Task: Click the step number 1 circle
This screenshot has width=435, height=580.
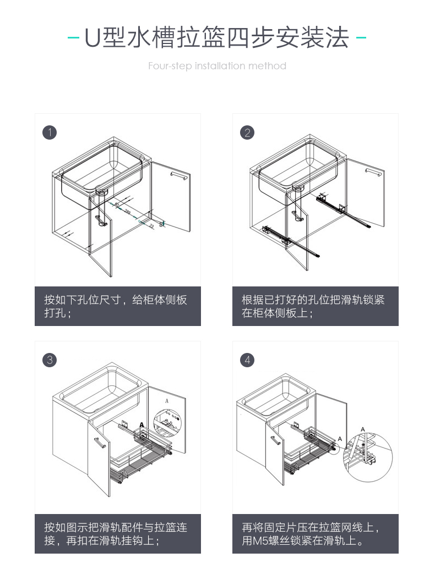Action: (x=50, y=132)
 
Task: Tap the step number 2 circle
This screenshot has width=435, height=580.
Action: (x=247, y=132)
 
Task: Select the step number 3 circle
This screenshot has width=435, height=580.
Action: (x=50, y=360)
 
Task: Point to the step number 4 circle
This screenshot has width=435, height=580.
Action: (x=247, y=360)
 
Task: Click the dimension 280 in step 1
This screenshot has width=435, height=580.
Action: (x=127, y=212)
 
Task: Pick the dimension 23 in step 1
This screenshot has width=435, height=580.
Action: (x=151, y=224)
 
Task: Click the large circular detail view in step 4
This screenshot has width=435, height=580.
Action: (x=367, y=456)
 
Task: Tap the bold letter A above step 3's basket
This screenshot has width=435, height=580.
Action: (x=142, y=425)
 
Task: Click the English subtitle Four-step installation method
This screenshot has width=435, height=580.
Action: (x=217, y=66)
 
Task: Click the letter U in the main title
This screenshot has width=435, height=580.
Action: (x=91, y=39)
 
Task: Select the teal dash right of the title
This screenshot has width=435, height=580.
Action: (x=361, y=38)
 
